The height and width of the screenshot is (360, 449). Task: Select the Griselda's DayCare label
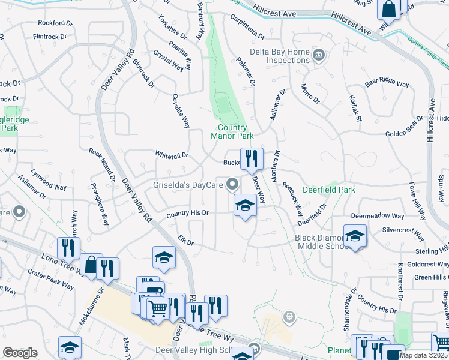(x=187, y=184)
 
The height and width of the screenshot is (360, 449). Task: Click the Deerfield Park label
(x=328, y=190)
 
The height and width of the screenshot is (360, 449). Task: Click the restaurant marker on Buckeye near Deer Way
(x=251, y=158)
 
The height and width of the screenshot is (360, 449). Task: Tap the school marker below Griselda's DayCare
(x=244, y=205)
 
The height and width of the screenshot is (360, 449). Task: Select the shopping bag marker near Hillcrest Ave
(x=388, y=10)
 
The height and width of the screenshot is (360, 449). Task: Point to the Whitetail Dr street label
(x=172, y=155)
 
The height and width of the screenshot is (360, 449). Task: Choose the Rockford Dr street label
(x=55, y=23)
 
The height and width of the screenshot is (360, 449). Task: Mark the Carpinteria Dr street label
(x=246, y=27)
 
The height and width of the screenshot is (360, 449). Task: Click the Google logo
(x=20, y=353)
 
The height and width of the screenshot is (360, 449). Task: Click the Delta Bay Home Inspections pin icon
(x=319, y=56)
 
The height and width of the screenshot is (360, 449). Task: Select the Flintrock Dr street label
(x=52, y=36)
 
